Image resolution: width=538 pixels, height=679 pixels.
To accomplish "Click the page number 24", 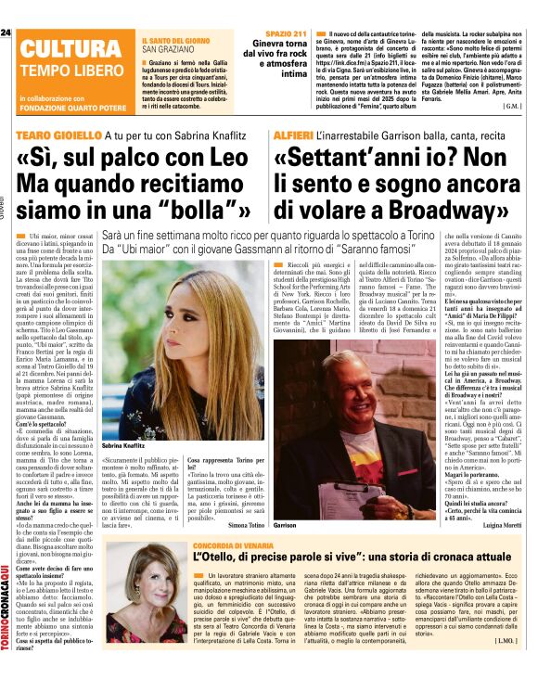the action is coord(6,33).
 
